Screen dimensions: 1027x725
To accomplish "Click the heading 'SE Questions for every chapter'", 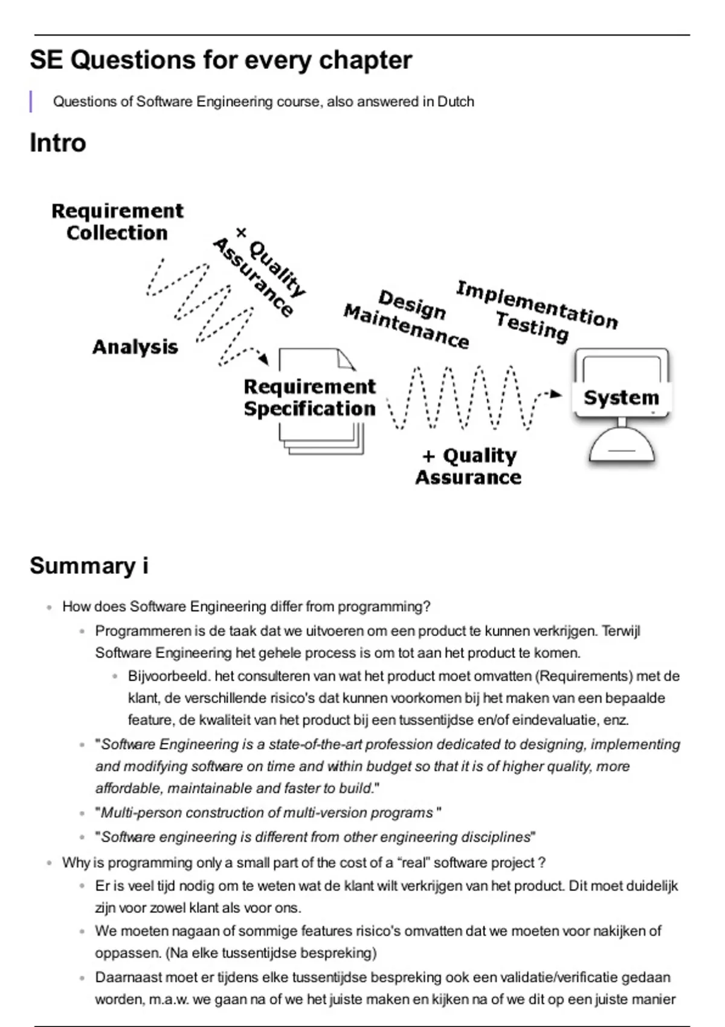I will tap(221, 60).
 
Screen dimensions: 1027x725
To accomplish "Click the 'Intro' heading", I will tap(58, 143).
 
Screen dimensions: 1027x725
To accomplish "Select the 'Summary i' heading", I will tap(89, 566).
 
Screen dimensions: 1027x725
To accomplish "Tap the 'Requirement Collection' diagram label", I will tap(117, 222).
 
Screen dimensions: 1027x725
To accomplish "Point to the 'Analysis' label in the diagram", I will tap(135, 347).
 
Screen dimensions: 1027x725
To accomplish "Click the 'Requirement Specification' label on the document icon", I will tap(309, 398).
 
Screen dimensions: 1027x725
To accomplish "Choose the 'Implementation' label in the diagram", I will tap(536, 304).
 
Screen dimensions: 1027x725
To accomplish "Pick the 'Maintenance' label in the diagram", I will tap(406, 327).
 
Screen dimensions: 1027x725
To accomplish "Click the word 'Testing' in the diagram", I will tap(532, 327).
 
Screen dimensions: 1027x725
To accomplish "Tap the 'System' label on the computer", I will tap(621, 398).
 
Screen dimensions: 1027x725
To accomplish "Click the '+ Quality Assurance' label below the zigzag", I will tap(469, 466).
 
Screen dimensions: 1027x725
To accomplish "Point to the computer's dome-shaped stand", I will tap(622, 448).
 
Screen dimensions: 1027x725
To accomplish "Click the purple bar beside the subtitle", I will tap(31, 101).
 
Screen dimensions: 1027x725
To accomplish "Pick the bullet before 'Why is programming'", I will tap(50, 863).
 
